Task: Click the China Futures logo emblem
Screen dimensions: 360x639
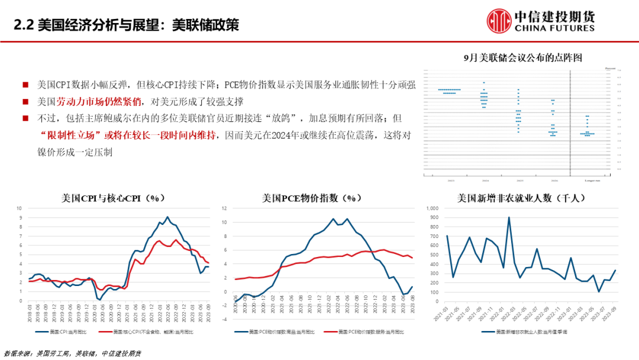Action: [x=499, y=21]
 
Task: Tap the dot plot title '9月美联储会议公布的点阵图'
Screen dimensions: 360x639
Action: [x=523, y=57]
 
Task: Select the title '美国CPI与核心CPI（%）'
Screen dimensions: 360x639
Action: [x=112, y=198]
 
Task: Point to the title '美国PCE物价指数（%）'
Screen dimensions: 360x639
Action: [x=312, y=198]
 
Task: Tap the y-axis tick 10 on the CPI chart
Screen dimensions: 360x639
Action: [x=19, y=208]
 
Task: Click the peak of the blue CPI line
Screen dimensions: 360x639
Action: [x=167, y=217]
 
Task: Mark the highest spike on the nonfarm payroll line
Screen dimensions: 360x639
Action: [x=509, y=217]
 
